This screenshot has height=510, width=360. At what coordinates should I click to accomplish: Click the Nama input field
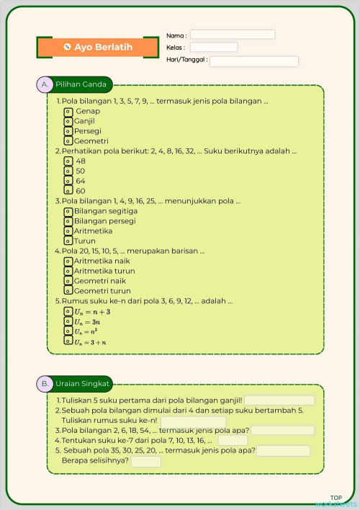click(x=232, y=35)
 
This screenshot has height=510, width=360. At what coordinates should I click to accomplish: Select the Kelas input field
click(x=213, y=48)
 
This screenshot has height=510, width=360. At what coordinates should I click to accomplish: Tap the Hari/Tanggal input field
click(x=253, y=61)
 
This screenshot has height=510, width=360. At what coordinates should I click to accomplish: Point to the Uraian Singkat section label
click(x=75, y=384)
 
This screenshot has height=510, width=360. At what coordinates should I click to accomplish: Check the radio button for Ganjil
click(x=68, y=122)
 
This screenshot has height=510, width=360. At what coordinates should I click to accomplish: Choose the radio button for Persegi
click(x=68, y=131)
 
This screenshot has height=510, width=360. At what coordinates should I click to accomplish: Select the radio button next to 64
click(x=68, y=181)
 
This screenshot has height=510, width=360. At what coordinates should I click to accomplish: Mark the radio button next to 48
click(x=68, y=161)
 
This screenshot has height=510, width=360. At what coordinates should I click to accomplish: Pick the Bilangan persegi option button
click(x=68, y=221)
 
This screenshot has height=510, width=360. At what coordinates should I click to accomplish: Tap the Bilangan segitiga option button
click(x=68, y=211)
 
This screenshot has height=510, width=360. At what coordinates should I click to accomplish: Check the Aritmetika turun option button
click(x=68, y=271)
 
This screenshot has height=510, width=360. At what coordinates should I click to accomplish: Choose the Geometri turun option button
click(x=68, y=291)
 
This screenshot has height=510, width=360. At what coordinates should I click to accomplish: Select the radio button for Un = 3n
click(x=68, y=321)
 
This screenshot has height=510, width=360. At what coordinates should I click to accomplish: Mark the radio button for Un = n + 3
click(x=68, y=311)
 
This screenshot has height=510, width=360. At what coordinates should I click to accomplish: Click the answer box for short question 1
click(x=279, y=401)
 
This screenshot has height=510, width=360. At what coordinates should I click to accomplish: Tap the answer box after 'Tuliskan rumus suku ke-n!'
click(x=193, y=421)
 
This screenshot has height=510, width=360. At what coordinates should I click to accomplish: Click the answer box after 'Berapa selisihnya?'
click(x=146, y=462)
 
